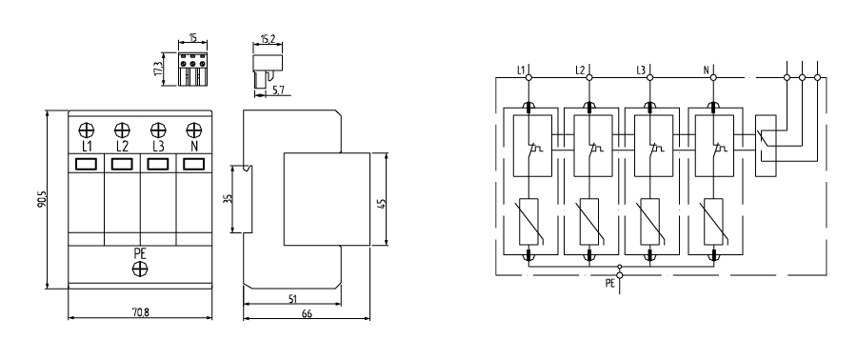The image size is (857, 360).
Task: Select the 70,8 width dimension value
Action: tap(140, 312)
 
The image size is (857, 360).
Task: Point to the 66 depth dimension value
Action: tap(307, 313)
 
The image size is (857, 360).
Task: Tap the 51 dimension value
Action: tap(292, 298)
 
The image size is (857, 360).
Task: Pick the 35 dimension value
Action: tap(229, 199)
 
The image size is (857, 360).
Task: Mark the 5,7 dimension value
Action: tap(278, 90)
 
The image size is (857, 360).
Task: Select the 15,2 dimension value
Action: tap(268, 38)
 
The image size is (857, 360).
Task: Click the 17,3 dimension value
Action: tap(159, 70)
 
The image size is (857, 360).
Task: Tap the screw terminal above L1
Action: tap(87, 130)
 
